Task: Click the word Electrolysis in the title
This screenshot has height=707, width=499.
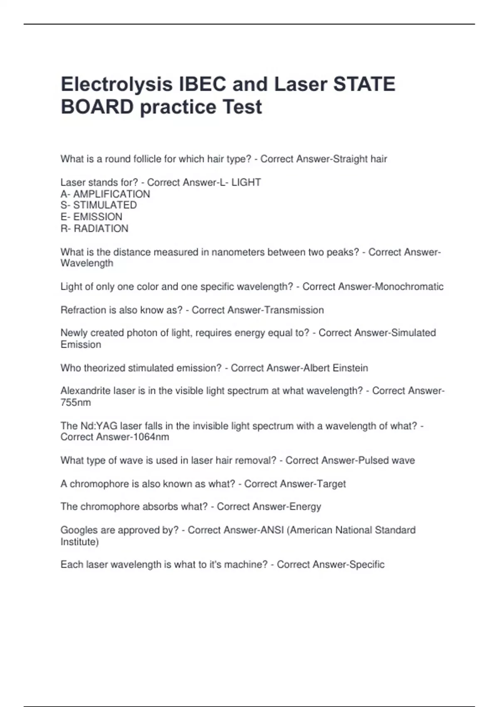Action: (116, 84)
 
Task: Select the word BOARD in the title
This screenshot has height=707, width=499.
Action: (97, 107)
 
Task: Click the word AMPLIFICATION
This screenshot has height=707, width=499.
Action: (111, 194)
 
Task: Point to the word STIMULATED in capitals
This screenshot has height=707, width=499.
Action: (105, 205)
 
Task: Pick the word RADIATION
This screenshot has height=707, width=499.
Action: (101, 229)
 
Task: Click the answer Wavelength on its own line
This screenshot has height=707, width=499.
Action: (87, 263)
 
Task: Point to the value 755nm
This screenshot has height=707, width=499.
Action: (76, 403)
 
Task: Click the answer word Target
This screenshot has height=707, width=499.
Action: (331, 484)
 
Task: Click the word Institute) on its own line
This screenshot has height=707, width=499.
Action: (80, 542)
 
